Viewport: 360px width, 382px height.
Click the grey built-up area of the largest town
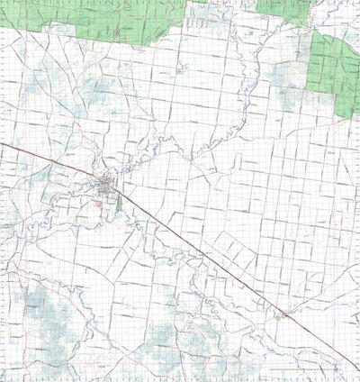click(x=110, y=187)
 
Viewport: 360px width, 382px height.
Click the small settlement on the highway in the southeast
click(x=282, y=314)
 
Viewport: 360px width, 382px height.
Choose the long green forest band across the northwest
click(x=90, y=20)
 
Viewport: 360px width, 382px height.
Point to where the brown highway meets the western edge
click(x=2, y=143)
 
